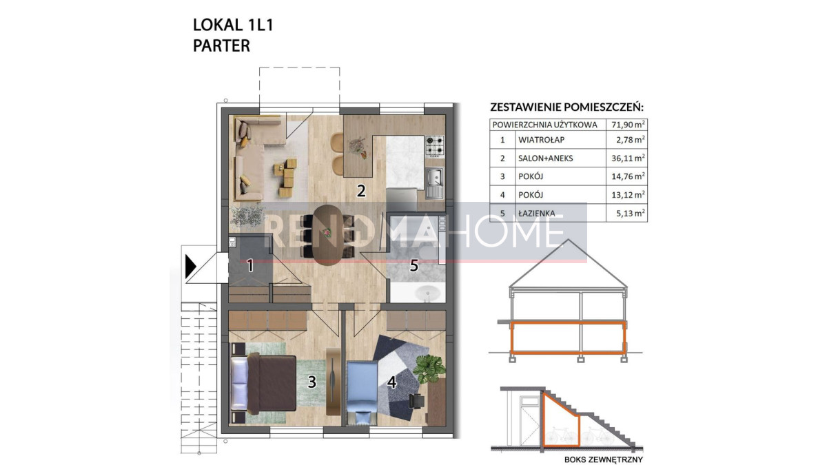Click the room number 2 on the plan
pos(360,191)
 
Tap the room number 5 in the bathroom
pos(414,265)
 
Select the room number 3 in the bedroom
pos(312,382)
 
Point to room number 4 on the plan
pos(391,382)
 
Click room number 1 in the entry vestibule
pos(250,265)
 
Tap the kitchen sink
pos(435,183)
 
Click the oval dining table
pos(328,235)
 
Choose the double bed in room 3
pos(263,383)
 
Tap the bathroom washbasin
pos(428,293)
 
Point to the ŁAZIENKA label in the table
pos(536,214)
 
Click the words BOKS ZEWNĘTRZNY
pos(603,459)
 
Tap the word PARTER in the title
pos(221,45)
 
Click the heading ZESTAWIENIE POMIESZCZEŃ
pos(566,107)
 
